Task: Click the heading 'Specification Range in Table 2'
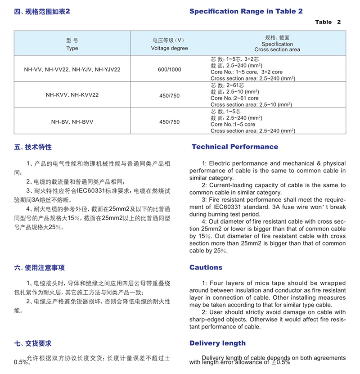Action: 246,11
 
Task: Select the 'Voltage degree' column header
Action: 169,48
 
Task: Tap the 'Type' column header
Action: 72,48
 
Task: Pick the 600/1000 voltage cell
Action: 169,70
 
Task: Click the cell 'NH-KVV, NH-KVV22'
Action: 72,95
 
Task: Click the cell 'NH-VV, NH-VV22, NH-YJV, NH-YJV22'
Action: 72,70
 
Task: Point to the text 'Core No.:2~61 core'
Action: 234,98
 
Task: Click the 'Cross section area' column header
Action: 277,50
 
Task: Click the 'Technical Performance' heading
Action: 235,147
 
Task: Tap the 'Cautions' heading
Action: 206,267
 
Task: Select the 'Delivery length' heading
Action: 217,343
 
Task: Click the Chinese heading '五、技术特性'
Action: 33,147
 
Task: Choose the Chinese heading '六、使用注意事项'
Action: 39,268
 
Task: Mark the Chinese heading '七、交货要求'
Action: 33,343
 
